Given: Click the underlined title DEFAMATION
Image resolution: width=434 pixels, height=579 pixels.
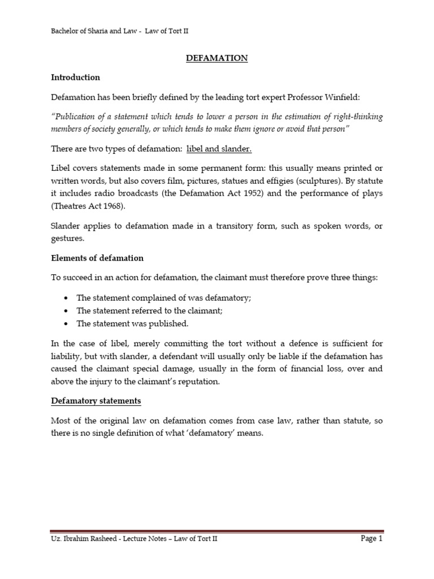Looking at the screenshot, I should [217, 58].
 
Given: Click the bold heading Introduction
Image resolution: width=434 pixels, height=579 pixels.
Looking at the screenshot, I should [75, 77].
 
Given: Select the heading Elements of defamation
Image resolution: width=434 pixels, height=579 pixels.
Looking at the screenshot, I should [97, 258].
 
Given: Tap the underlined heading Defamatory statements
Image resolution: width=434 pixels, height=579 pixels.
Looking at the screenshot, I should [96, 401].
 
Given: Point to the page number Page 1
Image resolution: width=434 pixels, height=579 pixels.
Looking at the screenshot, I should [372, 539].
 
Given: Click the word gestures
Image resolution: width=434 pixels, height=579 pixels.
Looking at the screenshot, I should [68, 239].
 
